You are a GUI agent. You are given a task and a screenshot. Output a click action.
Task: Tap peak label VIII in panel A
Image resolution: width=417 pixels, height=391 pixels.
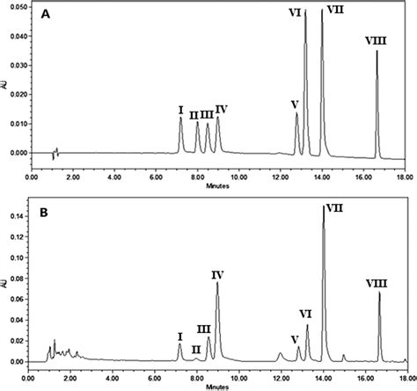click(377, 40)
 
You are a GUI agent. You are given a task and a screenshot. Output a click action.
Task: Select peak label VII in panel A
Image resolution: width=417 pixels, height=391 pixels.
click(335, 9)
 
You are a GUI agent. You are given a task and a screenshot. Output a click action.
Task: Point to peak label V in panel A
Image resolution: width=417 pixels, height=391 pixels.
click(294, 104)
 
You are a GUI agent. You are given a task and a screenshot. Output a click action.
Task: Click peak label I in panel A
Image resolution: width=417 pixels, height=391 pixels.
click(180, 110)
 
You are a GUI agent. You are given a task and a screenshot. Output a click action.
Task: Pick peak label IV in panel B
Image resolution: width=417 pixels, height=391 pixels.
click(218, 275)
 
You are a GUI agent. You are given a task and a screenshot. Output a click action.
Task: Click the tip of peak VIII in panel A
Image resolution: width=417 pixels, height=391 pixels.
click(377, 51)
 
